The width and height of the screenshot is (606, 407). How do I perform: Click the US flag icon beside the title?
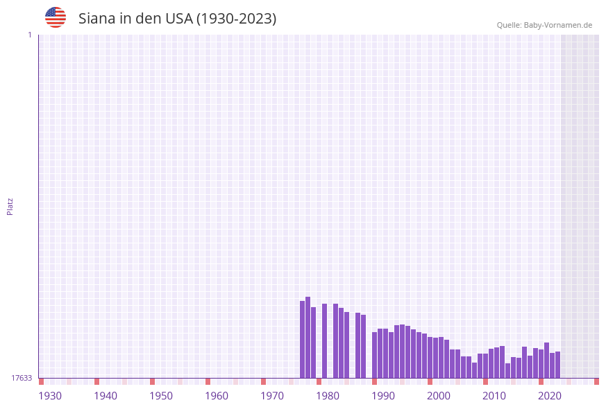[56, 17]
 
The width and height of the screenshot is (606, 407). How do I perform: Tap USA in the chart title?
[179, 19]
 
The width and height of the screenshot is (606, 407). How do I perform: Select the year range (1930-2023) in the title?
[236, 19]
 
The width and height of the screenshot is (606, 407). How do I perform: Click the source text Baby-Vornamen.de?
[558, 25]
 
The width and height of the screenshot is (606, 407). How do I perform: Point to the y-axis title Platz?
[10, 206]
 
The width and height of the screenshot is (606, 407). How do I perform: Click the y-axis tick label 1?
[30, 35]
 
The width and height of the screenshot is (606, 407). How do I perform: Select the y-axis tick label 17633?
[22, 378]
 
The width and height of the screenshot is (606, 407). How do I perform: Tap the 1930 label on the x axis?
[50, 396]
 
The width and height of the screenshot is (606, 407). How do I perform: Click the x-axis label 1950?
[161, 396]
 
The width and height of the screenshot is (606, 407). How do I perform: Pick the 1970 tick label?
[272, 396]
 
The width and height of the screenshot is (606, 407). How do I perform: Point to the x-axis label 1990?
[383, 396]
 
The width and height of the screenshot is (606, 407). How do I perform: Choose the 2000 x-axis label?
[439, 396]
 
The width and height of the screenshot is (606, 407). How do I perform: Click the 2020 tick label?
[550, 396]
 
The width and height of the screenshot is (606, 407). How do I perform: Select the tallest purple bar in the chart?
[308, 338]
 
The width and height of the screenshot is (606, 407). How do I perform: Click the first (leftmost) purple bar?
[302, 340]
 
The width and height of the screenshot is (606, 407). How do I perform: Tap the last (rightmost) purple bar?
[557, 365]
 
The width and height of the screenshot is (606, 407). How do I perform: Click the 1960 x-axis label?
[217, 396]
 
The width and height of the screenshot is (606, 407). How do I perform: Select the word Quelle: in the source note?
[509, 25]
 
